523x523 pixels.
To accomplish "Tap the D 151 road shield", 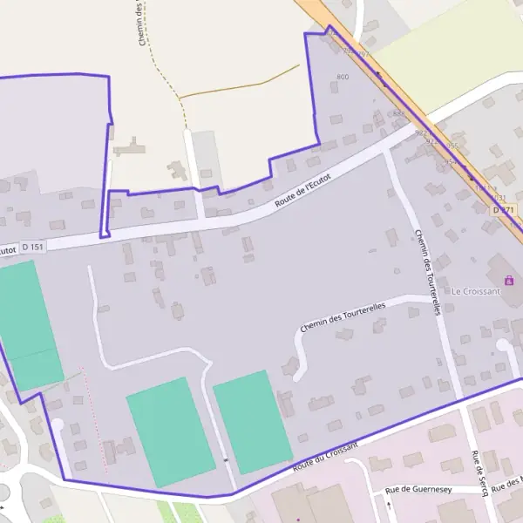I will coord(31,248).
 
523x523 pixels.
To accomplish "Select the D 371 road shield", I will coord(503,210).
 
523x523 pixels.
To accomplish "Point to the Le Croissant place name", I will coord(475,291).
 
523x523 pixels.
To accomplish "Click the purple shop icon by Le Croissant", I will coord(509,281).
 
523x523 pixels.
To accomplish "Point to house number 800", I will coord(342,78).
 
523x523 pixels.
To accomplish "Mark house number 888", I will coord(398,113).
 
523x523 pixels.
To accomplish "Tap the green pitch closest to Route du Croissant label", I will coord(252,421).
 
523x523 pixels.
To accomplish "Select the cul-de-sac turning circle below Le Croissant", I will coord(503,346).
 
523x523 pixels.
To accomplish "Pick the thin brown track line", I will coord(235,87).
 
